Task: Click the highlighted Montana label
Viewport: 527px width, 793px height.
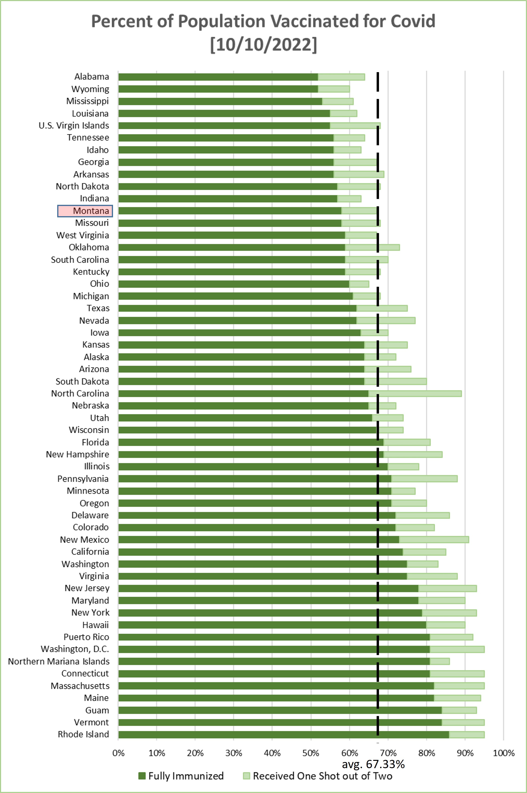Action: pos(85,211)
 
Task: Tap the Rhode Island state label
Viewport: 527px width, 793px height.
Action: pos(83,734)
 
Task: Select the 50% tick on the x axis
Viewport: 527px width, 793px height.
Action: pos(311,753)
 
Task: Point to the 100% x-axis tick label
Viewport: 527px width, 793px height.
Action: pos(503,753)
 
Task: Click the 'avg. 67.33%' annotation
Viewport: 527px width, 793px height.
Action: pos(373,764)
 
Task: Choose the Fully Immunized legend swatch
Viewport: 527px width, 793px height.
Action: pos(142,776)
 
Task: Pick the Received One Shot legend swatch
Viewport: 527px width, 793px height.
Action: pos(246,776)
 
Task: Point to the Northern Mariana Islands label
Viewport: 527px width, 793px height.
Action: pos(59,661)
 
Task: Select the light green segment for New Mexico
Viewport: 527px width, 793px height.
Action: pos(434,539)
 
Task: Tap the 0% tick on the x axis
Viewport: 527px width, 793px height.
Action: pos(118,753)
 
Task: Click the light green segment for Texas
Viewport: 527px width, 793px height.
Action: pos(382,308)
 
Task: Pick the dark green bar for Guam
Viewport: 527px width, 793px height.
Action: pos(280,710)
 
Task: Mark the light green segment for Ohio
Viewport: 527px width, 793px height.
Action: pos(359,284)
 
